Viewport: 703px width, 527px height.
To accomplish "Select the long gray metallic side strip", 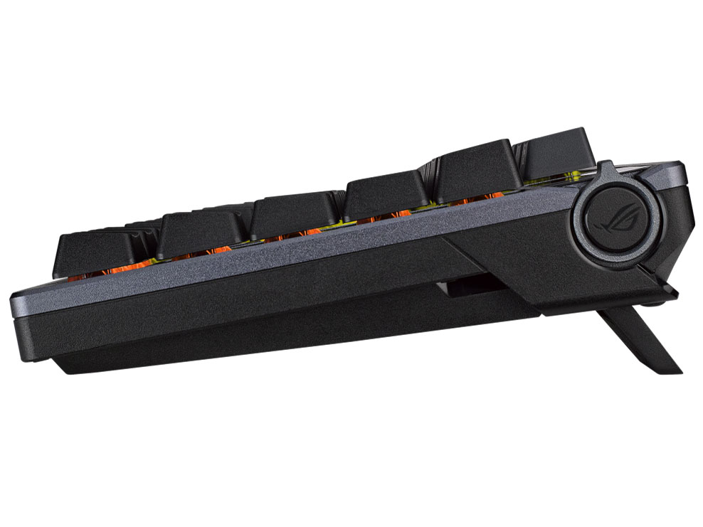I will point(285,256).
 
